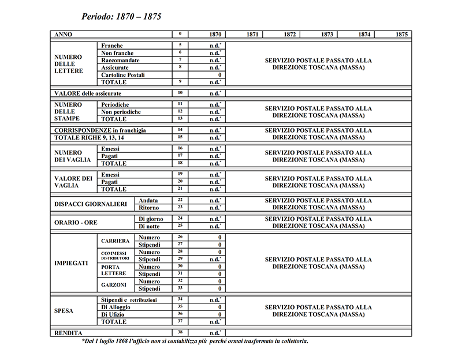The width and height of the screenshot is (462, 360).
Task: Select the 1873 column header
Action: point(327,35)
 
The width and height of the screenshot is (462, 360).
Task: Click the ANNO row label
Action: point(63,35)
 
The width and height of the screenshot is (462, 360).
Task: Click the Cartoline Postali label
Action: point(123,75)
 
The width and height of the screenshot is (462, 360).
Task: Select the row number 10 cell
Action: point(180,93)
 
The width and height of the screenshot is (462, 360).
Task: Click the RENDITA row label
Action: point(68,333)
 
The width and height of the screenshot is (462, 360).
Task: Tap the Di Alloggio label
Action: point(117,307)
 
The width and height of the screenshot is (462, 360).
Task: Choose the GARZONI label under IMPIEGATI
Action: point(113,285)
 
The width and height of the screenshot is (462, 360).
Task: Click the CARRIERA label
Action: point(114,241)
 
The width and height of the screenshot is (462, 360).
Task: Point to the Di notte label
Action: point(148,226)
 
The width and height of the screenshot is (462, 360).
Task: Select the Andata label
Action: point(148,200)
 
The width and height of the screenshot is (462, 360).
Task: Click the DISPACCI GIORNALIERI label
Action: point(90,204)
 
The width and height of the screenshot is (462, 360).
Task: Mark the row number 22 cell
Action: point(180,200)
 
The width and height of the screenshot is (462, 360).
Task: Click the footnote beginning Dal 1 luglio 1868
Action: point(195,342)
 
